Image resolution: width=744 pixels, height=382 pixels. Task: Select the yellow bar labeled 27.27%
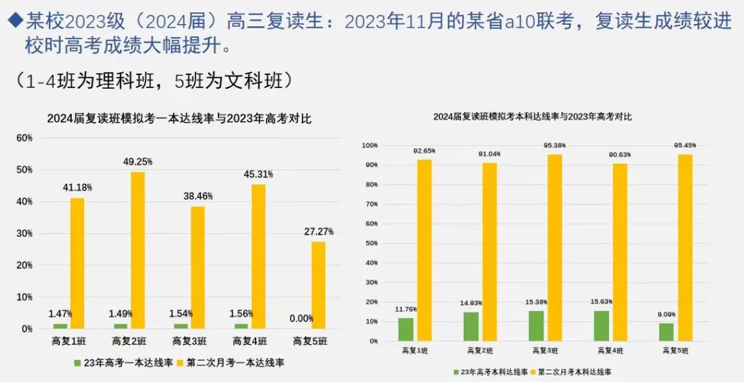(x=318, y=285)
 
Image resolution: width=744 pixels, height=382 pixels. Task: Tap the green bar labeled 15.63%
(x=601, y=326)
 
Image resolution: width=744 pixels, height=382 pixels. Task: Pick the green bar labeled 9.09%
(x=666, y=332)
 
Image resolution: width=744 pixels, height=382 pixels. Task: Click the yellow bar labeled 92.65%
(x=424, y=250)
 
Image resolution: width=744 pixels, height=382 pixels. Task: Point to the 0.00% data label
(x=302, y=319)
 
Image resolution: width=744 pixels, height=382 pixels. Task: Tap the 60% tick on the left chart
(x=25, y=138)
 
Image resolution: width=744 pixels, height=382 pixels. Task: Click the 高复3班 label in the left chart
(x=189, y=341)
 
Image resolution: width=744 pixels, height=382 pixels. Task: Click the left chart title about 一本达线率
(x=179, y=118)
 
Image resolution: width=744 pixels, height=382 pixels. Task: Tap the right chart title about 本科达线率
(x=532, y=117)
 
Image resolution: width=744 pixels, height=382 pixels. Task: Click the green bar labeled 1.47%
(x=61, y=326)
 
